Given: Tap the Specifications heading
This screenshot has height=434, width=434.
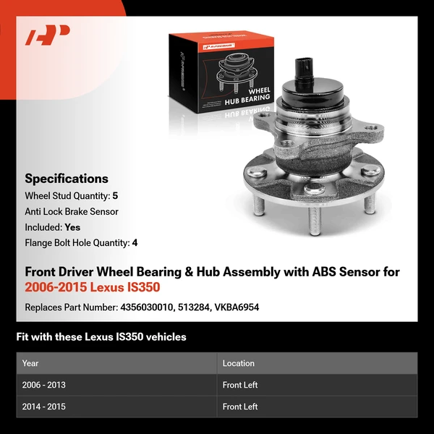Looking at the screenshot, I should click(67, 179).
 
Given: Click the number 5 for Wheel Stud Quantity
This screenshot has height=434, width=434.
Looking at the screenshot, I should click(114, 195).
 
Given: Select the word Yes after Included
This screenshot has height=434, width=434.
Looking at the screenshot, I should click(72, 227).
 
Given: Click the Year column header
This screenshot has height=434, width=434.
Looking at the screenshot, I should click(30, 363).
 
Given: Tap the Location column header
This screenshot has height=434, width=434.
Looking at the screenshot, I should click(239, 363).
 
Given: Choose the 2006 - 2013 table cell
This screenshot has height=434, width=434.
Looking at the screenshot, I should click(44, 385).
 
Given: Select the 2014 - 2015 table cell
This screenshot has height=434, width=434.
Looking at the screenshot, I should click(44, 407).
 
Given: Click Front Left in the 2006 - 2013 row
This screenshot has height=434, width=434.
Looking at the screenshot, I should click(240, 385).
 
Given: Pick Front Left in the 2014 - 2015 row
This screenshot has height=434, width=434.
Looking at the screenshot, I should click(240, 407).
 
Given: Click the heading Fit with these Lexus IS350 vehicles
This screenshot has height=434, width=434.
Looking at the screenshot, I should click(101, 337).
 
